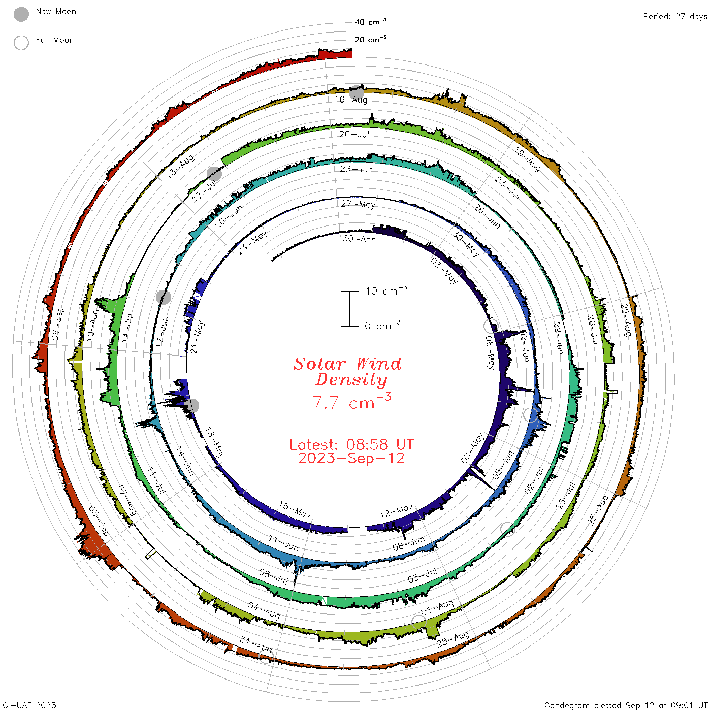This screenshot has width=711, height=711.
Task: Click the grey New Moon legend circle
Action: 21,14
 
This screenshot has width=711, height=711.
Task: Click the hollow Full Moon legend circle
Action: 21,43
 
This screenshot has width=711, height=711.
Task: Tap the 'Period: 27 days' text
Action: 675,17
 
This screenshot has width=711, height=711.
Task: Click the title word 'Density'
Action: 351,379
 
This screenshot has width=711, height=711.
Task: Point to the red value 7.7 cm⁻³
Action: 351,401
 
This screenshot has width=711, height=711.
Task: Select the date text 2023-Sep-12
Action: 351,458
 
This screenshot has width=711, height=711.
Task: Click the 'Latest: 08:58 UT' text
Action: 351,444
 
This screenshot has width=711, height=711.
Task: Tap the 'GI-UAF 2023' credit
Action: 29,705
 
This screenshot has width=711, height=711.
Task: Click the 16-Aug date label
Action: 350,100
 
